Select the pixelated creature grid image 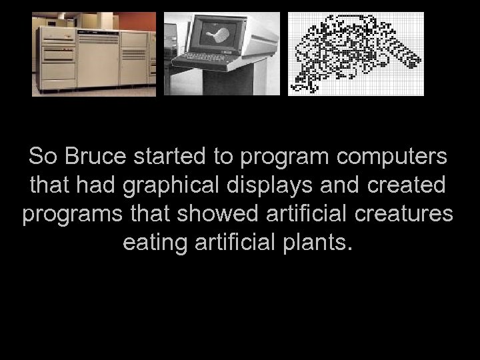coord(355,53)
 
